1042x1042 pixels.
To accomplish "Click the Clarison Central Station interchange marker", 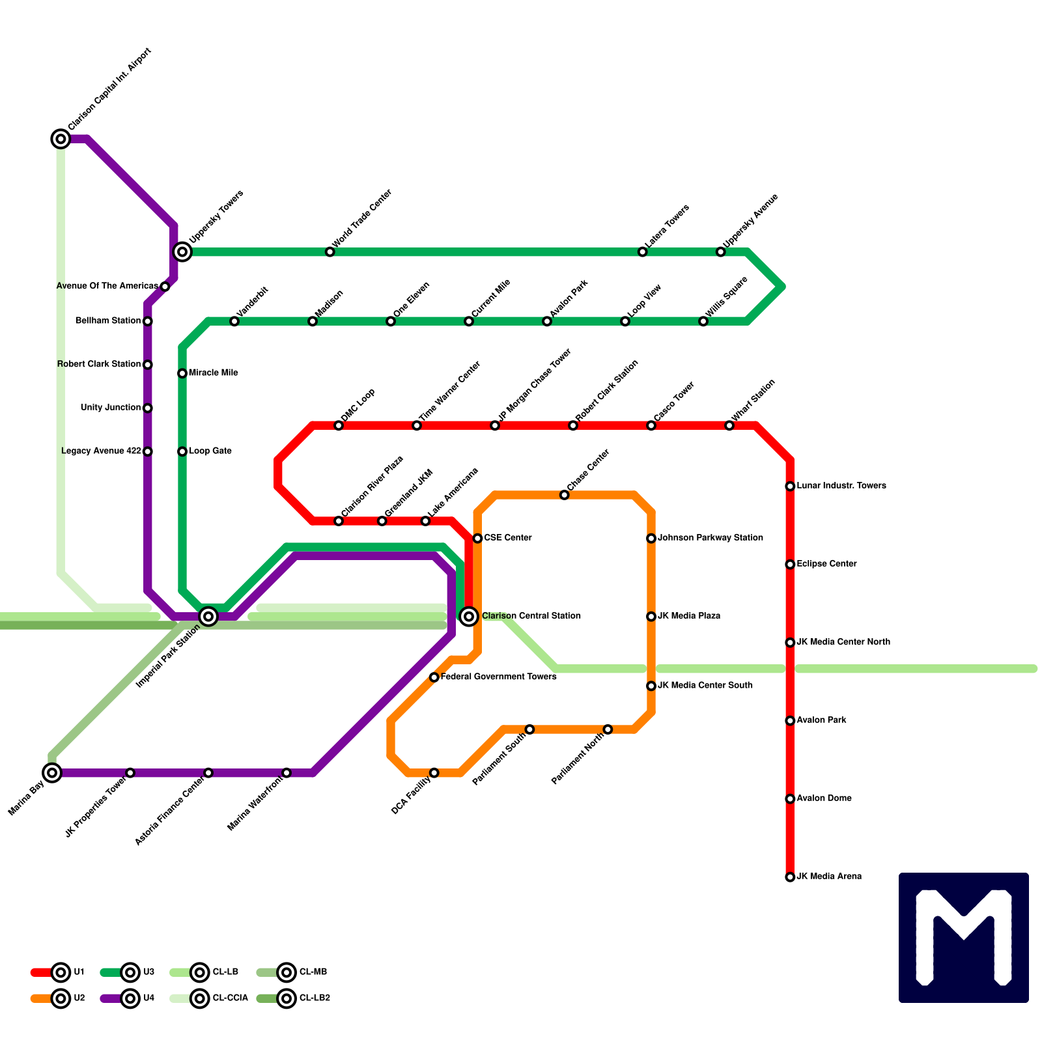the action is click(469, 616).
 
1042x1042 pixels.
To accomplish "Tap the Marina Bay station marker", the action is click(52, 773).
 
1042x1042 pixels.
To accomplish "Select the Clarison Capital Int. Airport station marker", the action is click(61, 139).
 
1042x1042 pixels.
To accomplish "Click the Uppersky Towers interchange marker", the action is click(182, 252).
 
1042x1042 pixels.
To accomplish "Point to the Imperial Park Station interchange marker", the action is click(208, 616).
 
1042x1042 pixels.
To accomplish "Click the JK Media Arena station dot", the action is click(790, 877).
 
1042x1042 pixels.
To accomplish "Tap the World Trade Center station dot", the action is click(330, 252).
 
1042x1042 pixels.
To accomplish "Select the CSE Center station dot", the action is click(477, 539).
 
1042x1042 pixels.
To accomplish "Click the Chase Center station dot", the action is click(565, 496).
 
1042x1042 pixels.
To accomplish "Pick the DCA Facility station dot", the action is click(434, 773).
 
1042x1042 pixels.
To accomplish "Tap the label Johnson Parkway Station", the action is click(710, 538).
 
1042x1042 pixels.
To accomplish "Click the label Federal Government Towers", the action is click(498, 677).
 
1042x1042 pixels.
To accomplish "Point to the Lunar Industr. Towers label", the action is click(841, 486).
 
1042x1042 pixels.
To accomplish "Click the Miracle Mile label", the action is click(213, 373).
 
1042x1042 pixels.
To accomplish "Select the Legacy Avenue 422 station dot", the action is click(148, 451).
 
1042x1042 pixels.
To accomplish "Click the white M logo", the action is click(964, 938).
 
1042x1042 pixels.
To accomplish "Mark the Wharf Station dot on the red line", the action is click(729, 426).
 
